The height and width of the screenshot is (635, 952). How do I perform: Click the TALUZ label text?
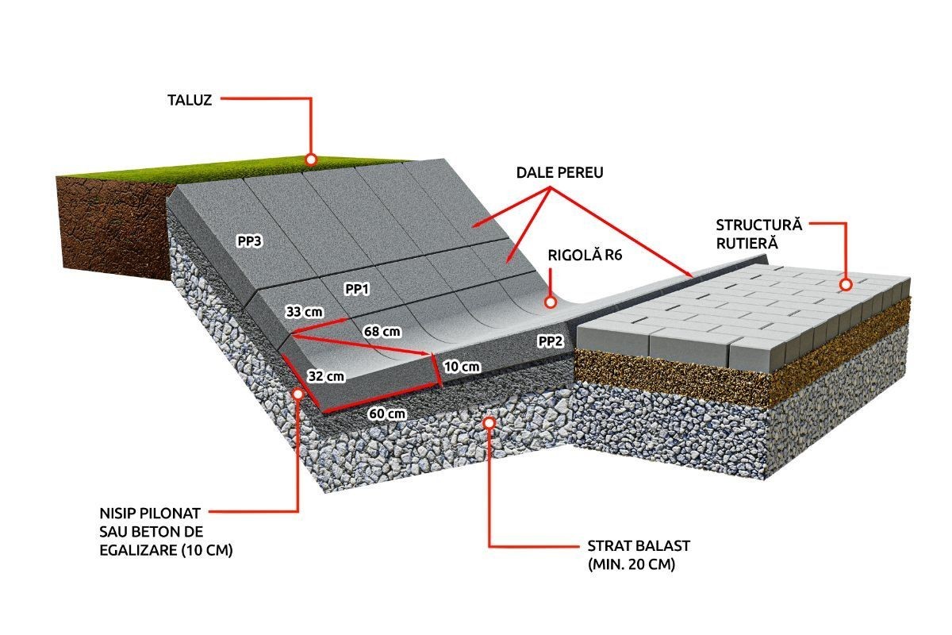click(x=190, y=100)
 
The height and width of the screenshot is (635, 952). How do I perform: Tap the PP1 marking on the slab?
click(x=357, y=290)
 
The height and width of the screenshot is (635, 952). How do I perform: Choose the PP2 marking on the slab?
click(x=551, y=341)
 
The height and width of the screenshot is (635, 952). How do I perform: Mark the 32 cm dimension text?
click(x=326, y=376)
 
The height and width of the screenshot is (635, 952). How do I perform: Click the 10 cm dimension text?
click(x=462, y=367)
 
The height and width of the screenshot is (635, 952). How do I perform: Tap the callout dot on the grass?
click(x=311, y=160)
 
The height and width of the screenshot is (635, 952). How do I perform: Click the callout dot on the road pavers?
click(x=846, y=283)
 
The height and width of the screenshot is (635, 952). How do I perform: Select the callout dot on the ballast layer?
click(x=489, y=423)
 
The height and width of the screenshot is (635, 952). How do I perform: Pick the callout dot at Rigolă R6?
click(x=548, y=302)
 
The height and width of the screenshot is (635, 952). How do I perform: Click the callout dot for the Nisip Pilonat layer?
click(x=299, y=391)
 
